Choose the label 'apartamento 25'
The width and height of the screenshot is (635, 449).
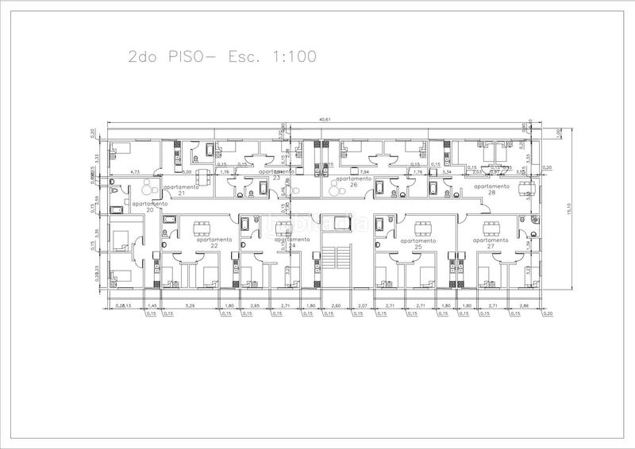pyautogui.click(x=418, y=242)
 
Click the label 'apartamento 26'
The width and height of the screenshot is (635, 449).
pyautogui.click(x=353, y=182)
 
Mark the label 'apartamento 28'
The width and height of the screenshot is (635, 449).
pyautogui.click(x=491, y=189)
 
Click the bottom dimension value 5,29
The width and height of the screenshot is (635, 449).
pyautogui.click(x=190, y=305)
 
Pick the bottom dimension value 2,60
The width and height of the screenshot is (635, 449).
pyautogui.click(x=337, y=305)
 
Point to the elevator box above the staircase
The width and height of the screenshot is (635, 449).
pyautogui.click(x=342, y=221)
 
